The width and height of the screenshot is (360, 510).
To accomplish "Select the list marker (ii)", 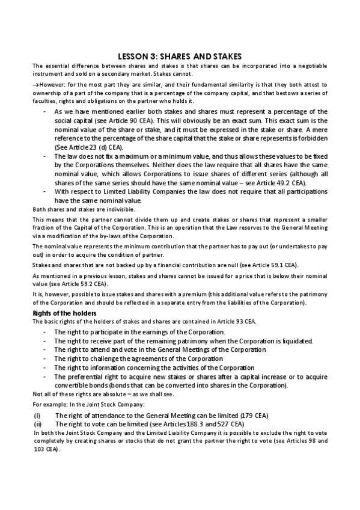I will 37,424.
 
